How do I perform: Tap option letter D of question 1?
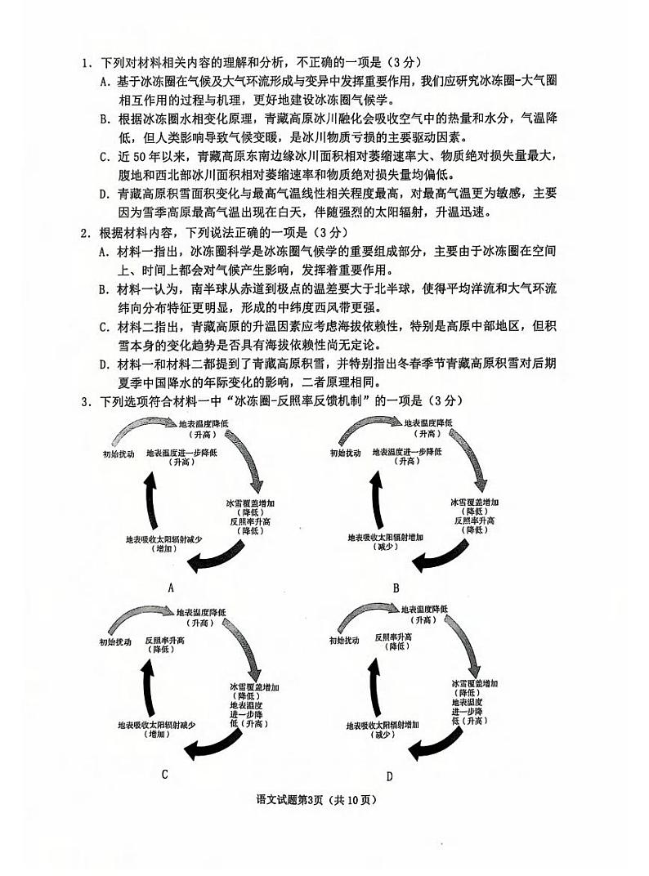104,194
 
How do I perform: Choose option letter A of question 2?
104,251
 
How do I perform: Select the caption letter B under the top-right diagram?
396,588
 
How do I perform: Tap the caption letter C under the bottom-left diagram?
164,773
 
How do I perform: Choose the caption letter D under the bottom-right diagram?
390,775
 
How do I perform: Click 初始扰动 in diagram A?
118,453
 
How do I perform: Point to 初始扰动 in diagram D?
344,641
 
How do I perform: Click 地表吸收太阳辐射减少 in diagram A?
164,539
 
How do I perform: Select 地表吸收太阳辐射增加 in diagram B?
386,537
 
